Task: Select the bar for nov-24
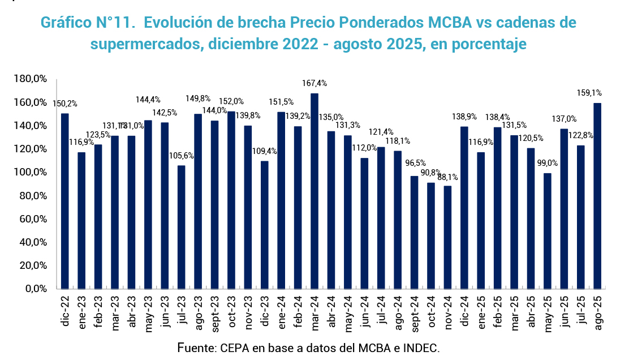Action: click(447, 237)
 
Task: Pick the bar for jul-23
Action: click(181, 227)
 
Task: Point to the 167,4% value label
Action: click(314, 83)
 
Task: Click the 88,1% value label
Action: click(447, 177)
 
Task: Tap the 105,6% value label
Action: click(181, 156)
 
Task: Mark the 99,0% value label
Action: click(547, 164)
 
